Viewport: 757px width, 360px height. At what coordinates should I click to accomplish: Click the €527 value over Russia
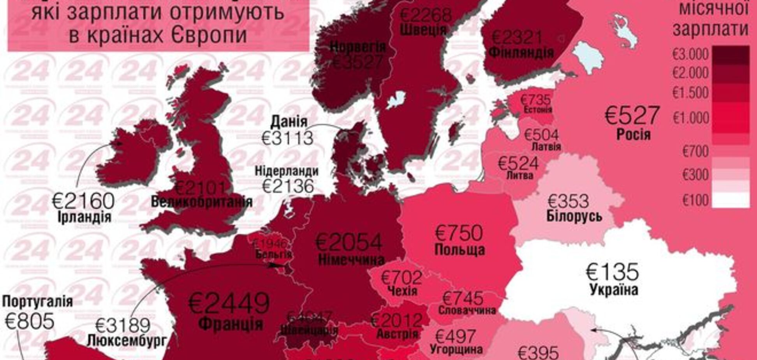tap(633, 115)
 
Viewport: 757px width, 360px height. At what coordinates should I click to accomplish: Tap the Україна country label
tap(614, 290)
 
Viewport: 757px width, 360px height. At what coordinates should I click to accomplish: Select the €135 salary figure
tap(613, 272)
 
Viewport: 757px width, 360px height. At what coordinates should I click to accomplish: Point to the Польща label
tap(460, 250)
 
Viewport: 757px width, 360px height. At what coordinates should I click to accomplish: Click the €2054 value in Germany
tap(349, 242)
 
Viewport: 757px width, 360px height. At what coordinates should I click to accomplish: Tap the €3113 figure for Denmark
tap(288, 138)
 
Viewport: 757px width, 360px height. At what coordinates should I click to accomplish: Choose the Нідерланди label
tap(287, 171)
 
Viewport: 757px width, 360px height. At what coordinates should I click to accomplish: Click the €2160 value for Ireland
tap(84, 201)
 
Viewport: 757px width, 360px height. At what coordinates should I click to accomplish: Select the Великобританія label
tap(202, 202)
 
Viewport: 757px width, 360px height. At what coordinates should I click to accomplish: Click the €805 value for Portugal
tap(30, 321)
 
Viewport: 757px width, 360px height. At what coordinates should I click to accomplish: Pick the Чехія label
tap(403, 291)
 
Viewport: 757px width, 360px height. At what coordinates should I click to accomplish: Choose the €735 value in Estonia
tap(535, 100)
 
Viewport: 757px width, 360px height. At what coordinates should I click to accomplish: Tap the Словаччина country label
tap(467, 311)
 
